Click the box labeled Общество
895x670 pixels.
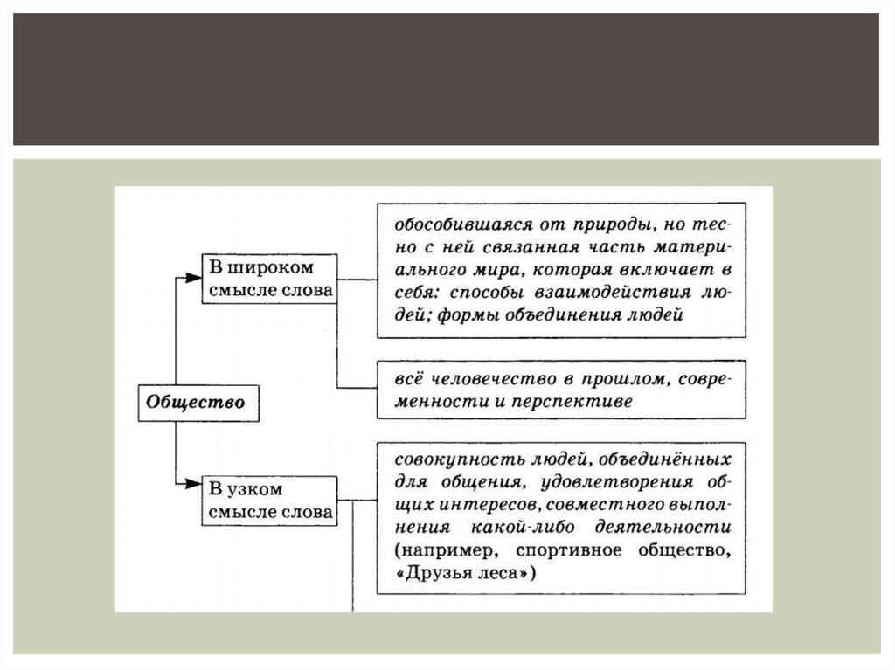point(198,404)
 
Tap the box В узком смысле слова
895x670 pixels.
point(269,501)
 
